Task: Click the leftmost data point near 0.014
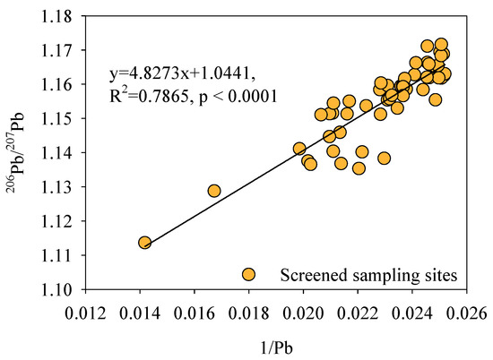pos(144,243)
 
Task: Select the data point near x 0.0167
pos(214,191)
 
